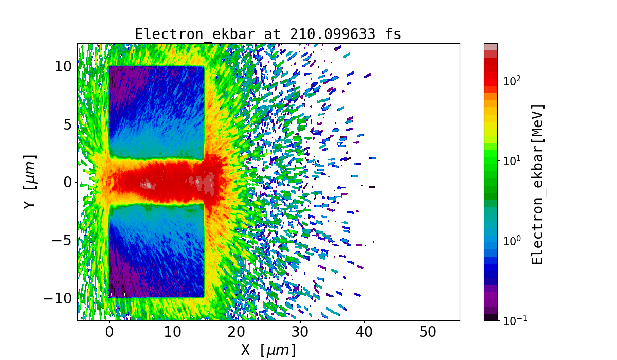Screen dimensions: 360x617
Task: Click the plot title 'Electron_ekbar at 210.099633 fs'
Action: pyautogui.click(x=268, y=34)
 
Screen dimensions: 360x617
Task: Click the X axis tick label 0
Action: pyautogui.click(x=109, y=332)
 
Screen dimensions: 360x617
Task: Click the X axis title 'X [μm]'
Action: pyautogui.click(x=268, y=350)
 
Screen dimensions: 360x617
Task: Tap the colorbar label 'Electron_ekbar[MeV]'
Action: pyautogui.click(x=537, y=184)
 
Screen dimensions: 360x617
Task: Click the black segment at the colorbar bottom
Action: pyautogui.click(x=491, y=317)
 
